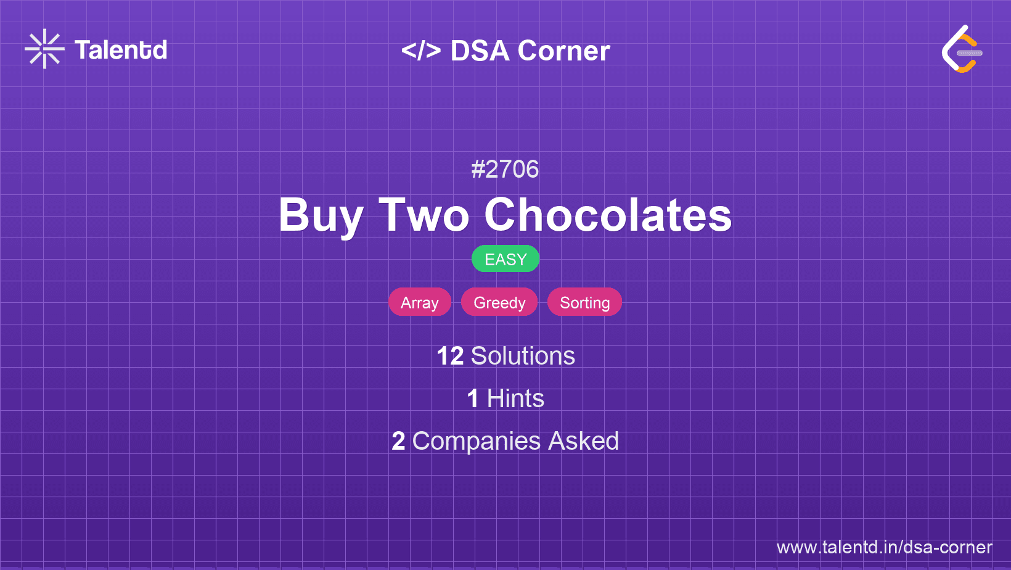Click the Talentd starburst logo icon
[44, 49]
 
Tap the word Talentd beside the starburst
[121, 50]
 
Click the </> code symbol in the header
[421, 51]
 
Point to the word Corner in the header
[564, 51]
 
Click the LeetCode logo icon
[962, 49]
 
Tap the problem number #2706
[505, 170]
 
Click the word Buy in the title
[321, 215]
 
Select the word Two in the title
[424, 215]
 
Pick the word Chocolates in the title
[608, 215]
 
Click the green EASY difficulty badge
[505, 259]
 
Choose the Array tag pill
[420, 302]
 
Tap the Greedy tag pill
[499, 302]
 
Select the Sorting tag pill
[584, 302]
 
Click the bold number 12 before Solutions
[450, 356]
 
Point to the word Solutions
[523, 356]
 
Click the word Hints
[515, 399]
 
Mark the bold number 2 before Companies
[398, 441]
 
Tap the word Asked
[583, 441]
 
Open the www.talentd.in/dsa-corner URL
[885, 547]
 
